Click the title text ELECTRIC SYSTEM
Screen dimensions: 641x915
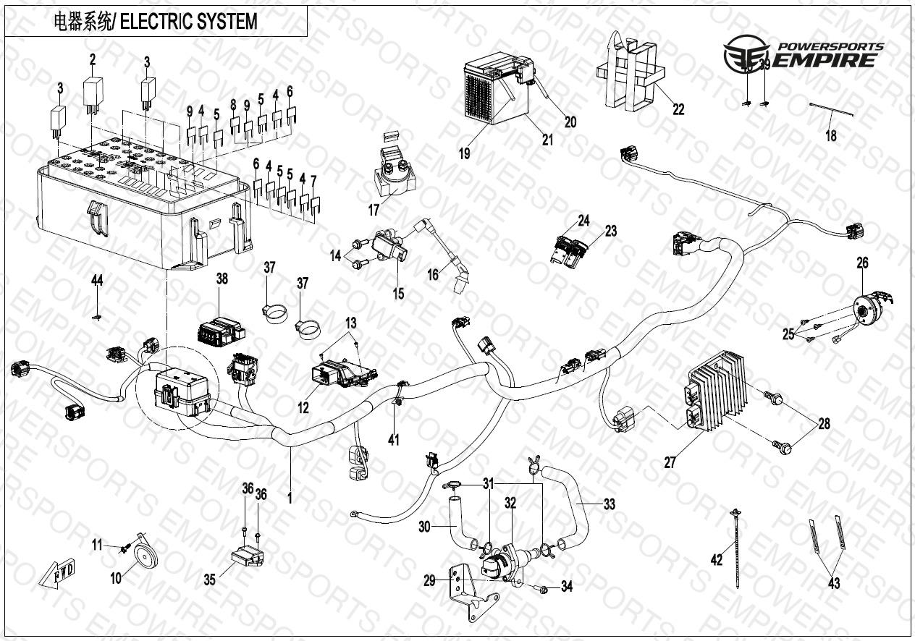(187, 22)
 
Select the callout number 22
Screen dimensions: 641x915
(678, 110)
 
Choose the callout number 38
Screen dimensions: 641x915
(222, 279)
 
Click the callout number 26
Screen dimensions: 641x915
(862, 263)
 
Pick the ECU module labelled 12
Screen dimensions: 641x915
(339, 373)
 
